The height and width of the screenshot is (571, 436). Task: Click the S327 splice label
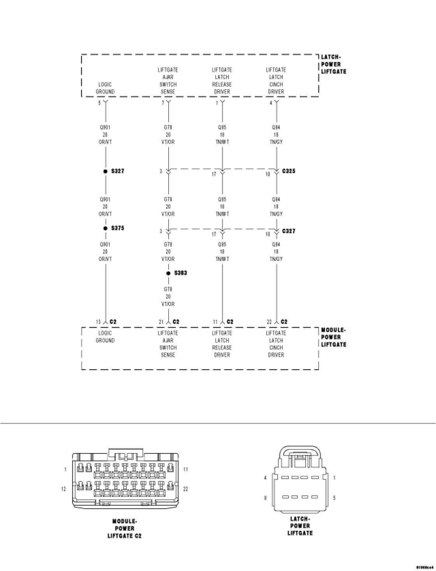118,171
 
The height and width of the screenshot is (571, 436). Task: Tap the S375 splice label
118,228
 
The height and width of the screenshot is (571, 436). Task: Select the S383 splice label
181,273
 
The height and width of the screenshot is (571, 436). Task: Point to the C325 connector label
288,171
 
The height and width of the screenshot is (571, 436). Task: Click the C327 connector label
288,231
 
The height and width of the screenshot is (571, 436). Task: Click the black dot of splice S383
168,273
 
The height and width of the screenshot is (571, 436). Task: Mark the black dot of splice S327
105,171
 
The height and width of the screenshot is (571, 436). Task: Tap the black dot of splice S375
105,228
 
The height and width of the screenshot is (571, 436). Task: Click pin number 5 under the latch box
99,103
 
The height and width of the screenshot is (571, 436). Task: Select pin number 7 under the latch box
163,103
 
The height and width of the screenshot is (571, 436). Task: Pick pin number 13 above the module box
98,322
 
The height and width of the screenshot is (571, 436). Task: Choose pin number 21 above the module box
161,322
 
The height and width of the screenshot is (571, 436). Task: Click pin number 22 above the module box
269,322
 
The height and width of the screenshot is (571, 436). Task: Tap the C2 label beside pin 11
230,322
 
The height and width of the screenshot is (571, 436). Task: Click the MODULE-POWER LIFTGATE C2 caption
125,529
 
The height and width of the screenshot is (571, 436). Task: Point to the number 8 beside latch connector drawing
265,498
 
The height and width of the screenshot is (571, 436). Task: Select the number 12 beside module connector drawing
64,489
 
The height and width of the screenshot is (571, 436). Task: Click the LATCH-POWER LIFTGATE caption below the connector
300,526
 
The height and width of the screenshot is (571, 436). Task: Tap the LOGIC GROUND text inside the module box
105,337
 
